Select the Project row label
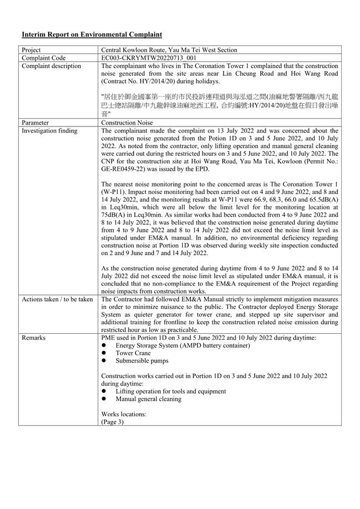point(32,50)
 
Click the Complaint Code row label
point(43,58)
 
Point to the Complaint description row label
point(51,66)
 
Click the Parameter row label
point(35,123)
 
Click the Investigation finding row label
point(49,131)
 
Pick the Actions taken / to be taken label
point(57,299)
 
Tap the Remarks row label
point(34,337)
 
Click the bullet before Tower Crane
point(104,353)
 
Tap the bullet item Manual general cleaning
point(148,399)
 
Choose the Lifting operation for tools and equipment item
point(171,391)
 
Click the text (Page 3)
point(113,421)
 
